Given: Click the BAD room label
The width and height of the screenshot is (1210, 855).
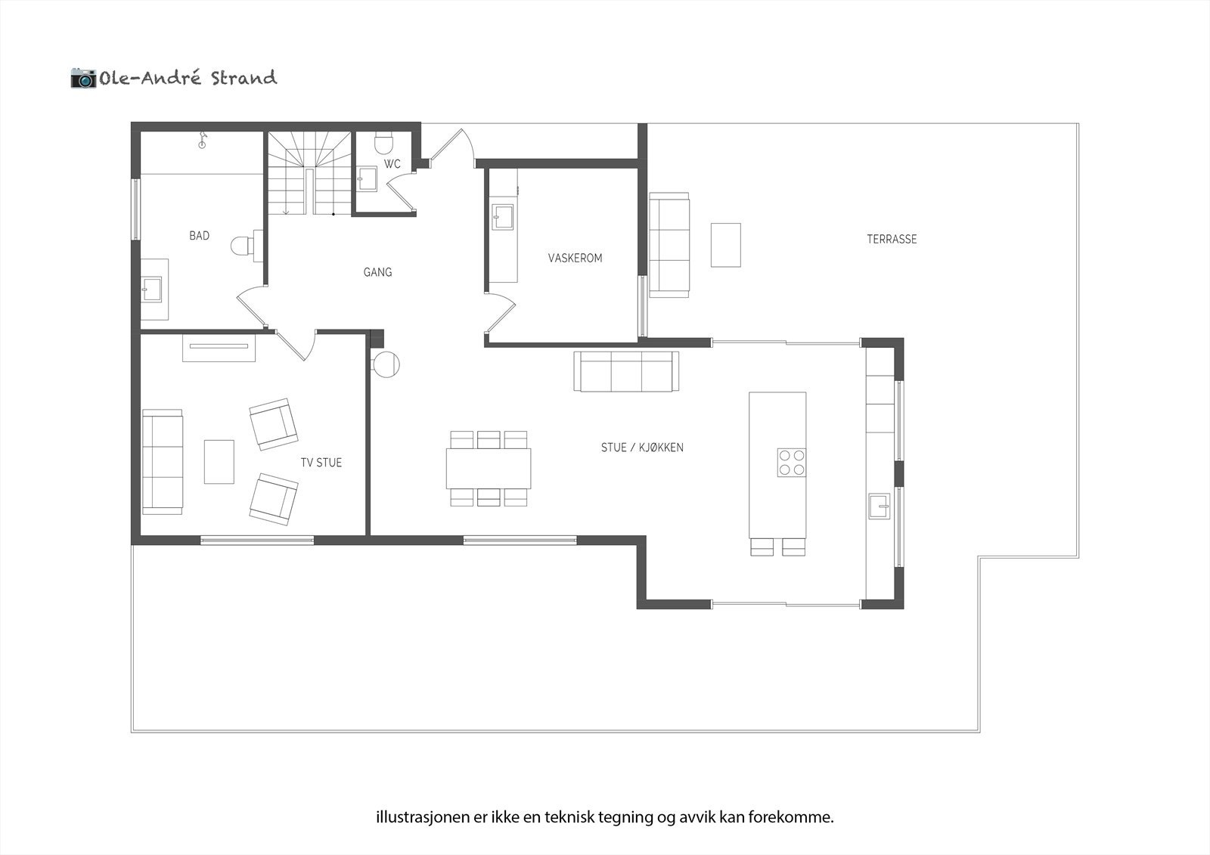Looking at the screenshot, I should (x=199, y=236).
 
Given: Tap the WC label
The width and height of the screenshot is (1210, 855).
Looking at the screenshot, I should (x=392, y=164).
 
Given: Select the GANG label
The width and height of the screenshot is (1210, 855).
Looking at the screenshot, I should (x=377, y=272).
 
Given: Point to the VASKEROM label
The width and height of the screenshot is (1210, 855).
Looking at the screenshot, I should (x=575, y=259).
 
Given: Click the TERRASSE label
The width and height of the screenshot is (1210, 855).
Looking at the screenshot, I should (x=892, y=239).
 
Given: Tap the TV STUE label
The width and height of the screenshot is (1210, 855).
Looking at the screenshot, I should (x=321, y=463).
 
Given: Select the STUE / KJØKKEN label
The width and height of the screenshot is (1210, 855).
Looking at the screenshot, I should (x=642, y=448).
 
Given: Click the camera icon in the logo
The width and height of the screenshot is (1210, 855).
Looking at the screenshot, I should (x=83, y=78).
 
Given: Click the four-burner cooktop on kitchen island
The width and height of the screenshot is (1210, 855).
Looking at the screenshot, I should (x=792, y=462).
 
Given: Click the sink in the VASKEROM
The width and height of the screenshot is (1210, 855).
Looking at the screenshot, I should (x=503, y=217).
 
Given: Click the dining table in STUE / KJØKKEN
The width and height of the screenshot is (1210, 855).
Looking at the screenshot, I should (x=488, y=468).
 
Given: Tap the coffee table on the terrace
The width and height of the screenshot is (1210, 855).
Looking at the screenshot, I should (x=725, y=244).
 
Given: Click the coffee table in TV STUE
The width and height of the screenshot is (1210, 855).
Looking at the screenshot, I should (x=219, y=461).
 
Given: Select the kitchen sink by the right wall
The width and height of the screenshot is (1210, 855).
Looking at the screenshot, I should (x=880, y=506).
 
